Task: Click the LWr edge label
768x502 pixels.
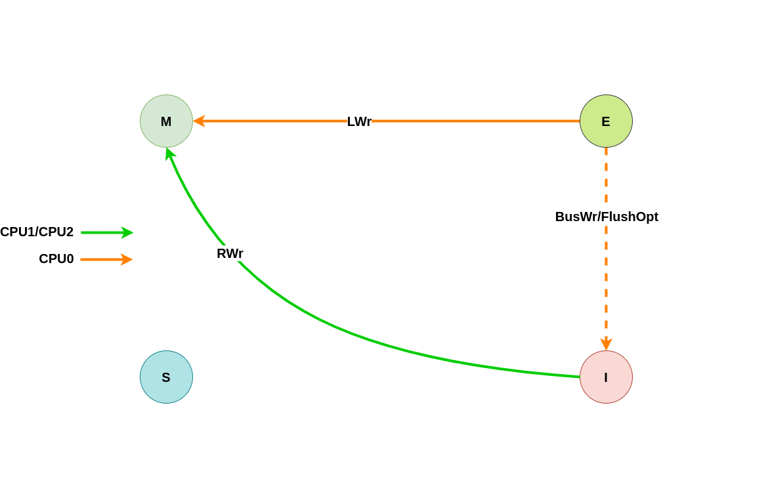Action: click(359, 121)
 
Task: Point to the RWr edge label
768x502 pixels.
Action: click(230, 253)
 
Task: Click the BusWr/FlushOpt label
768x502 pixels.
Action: click(607, 217)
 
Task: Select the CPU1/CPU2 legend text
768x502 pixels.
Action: click(37, 232)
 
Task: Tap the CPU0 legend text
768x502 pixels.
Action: click(56, 259)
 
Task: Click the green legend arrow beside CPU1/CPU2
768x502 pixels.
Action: click(106, 232)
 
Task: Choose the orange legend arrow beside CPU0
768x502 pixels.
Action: click(106, 259)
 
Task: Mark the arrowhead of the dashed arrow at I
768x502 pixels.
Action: click(606, 344)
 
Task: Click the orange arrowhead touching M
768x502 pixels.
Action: click(199, 121)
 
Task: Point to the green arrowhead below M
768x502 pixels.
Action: click(170, 154)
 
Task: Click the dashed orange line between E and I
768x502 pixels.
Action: click(606, 282)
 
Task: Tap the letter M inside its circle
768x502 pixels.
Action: click(166, 121)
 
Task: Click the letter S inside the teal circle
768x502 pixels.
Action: click(166, 377)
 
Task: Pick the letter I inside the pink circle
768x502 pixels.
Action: click(606, 377)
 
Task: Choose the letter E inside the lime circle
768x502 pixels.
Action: click(606, 121)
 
